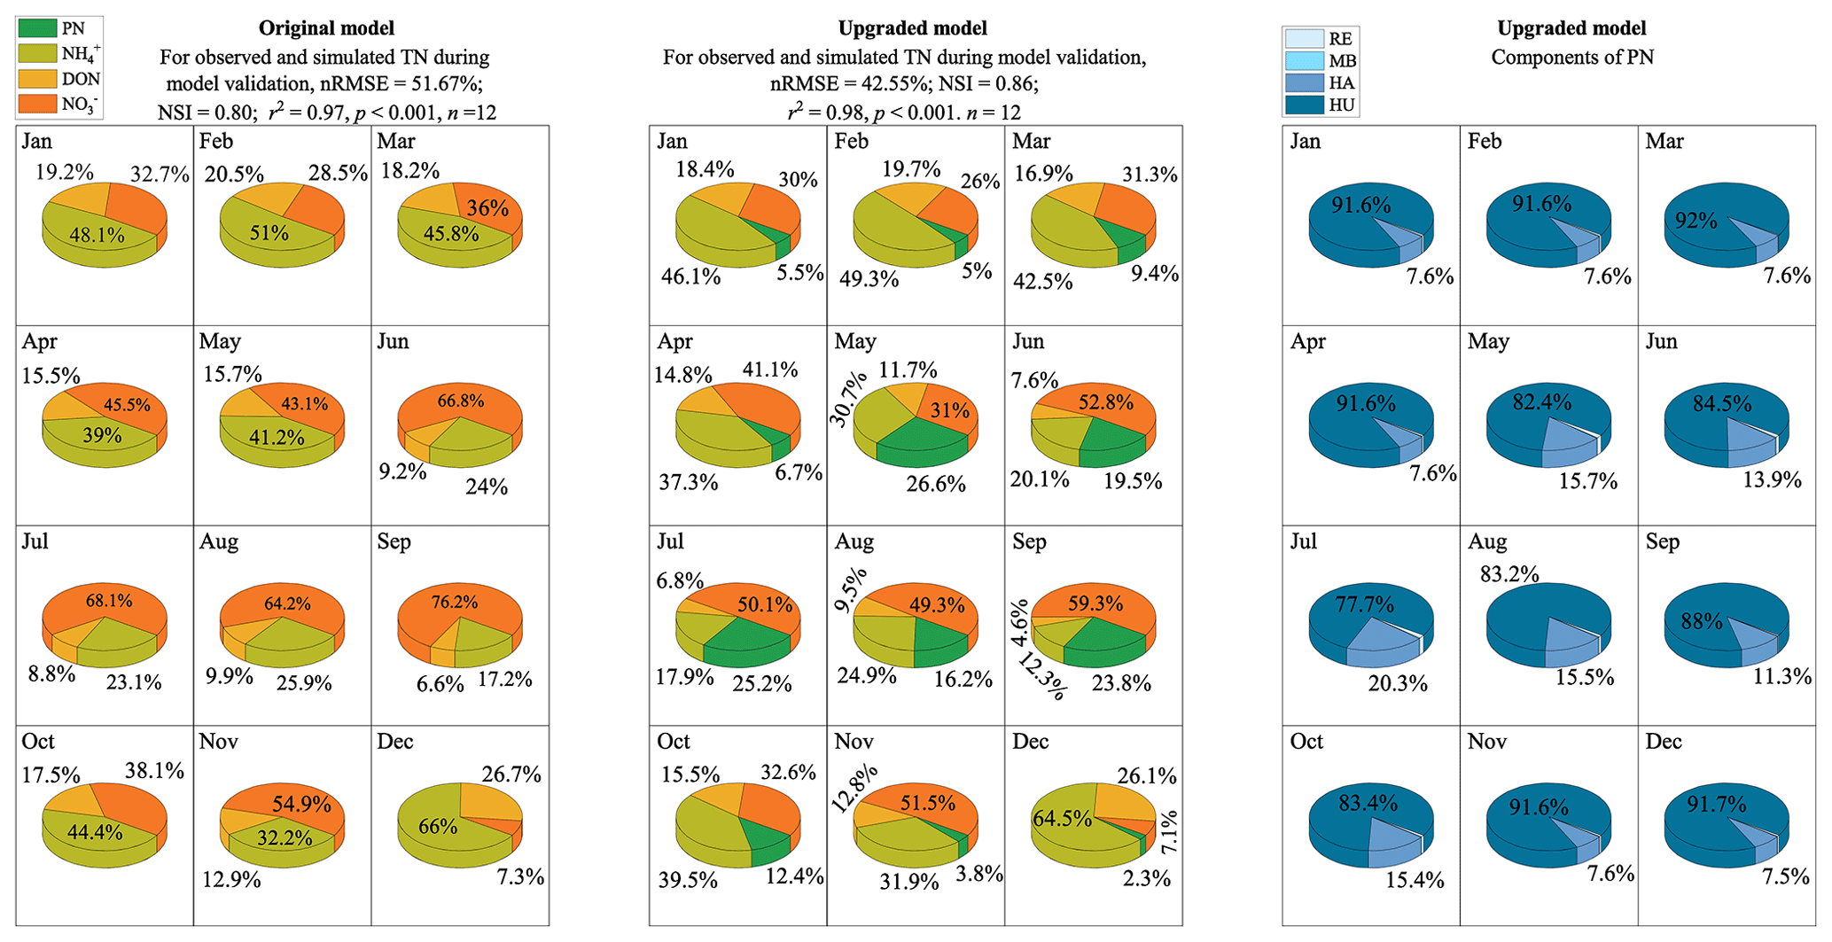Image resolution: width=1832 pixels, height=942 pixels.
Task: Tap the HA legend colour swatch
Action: tap(1306, 82)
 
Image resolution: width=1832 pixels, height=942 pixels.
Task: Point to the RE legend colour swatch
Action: tap(1306, 38)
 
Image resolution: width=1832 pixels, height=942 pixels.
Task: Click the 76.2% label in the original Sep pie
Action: tap(454, 603)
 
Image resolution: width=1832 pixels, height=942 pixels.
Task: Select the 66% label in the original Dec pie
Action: tap(438, 827)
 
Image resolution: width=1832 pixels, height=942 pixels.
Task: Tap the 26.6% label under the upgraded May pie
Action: tap(935, 484)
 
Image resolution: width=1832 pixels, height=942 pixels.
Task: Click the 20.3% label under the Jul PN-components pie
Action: tap(1398, 683)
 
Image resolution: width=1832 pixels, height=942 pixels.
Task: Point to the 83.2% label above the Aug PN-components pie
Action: tap(1509, 574)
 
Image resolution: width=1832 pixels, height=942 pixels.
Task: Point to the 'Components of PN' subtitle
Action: tap(1571, 58)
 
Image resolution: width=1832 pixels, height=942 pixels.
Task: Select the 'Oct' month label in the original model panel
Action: tap(38, 742)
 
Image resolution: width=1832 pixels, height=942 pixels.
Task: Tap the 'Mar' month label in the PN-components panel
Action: tap(1664, 142)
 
